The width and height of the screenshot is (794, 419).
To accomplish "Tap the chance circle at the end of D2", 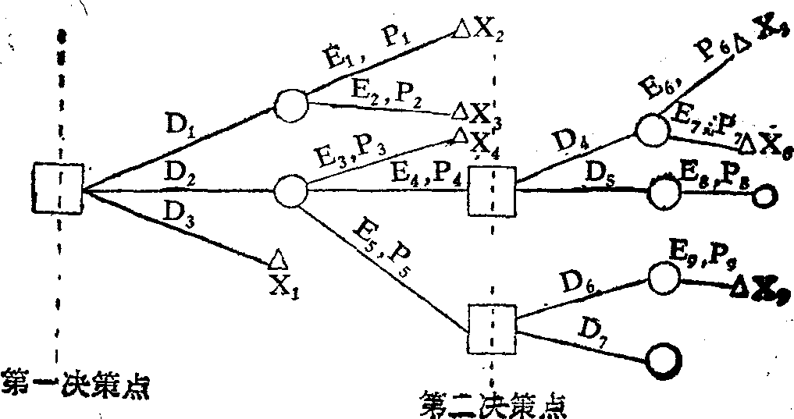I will pos(290,189).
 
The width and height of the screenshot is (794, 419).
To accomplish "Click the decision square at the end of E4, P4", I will pos(492,190).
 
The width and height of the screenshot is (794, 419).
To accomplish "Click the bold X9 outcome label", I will pos(766,293).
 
